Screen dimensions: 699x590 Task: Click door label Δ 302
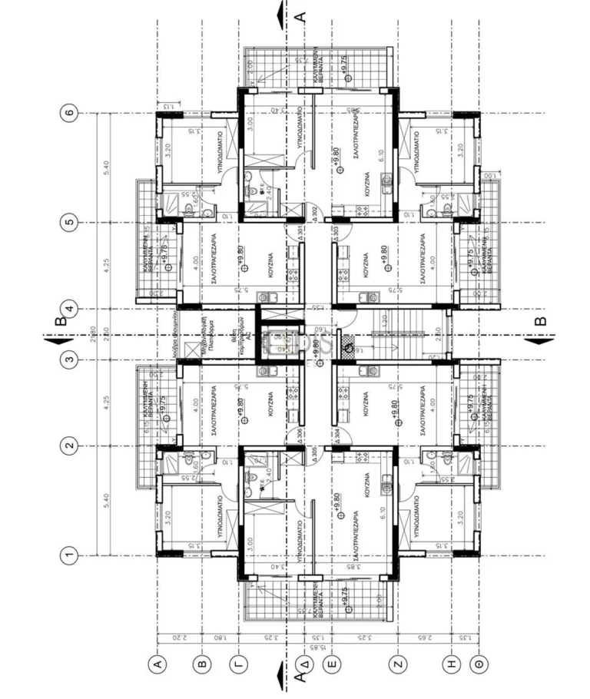[x=312, y=210]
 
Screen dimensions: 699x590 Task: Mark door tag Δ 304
[x=336, y=434]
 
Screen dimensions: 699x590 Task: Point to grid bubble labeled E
[x=331, y=663]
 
